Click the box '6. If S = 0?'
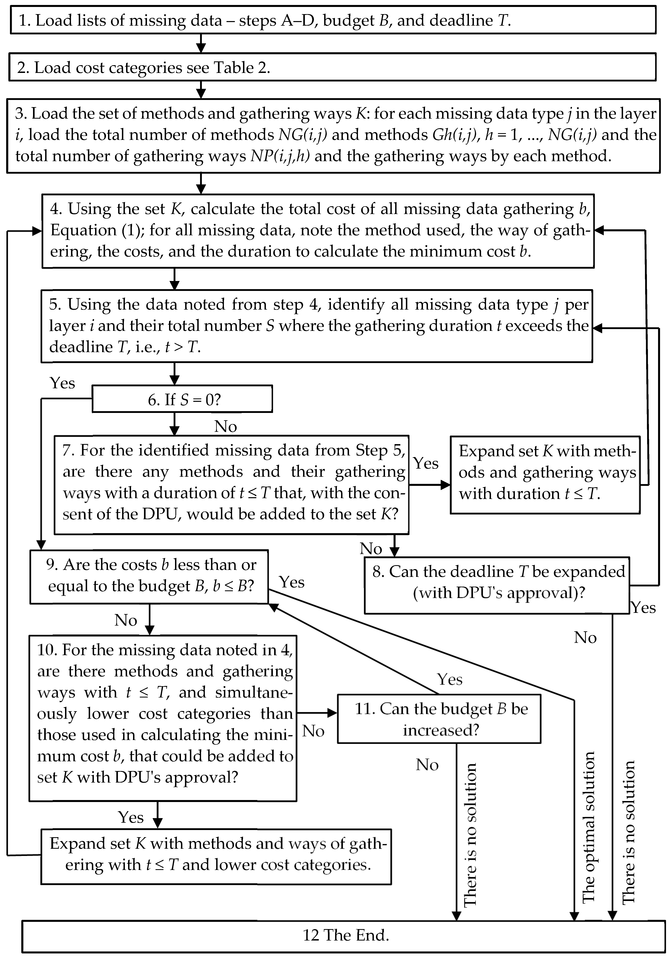(182, 399)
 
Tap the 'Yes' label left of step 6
(62, 383)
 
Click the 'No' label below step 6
(225, 426)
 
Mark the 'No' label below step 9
(125, 620)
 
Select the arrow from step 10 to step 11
(317, 713)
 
